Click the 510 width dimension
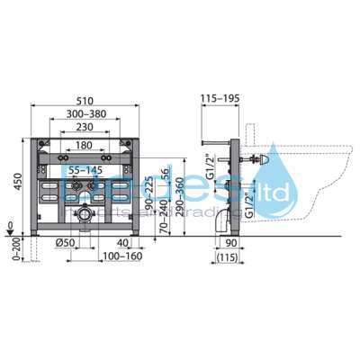(x=85, y=103)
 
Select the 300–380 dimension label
(x=85, y=114)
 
